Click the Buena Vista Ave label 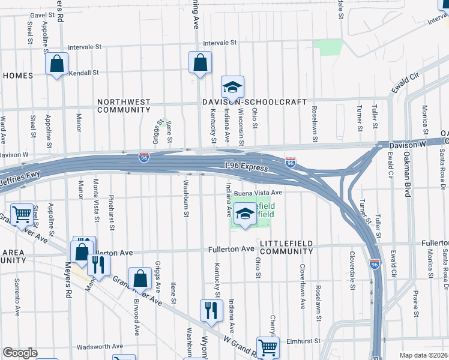pos(258,193)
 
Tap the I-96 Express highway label pos(247,167)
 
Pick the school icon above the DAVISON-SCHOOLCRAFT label pos(232,88)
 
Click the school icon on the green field pos(245,214)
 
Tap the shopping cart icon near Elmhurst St pos(268,346)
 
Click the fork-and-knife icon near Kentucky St pos(211,310)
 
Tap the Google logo pos(20,353)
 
